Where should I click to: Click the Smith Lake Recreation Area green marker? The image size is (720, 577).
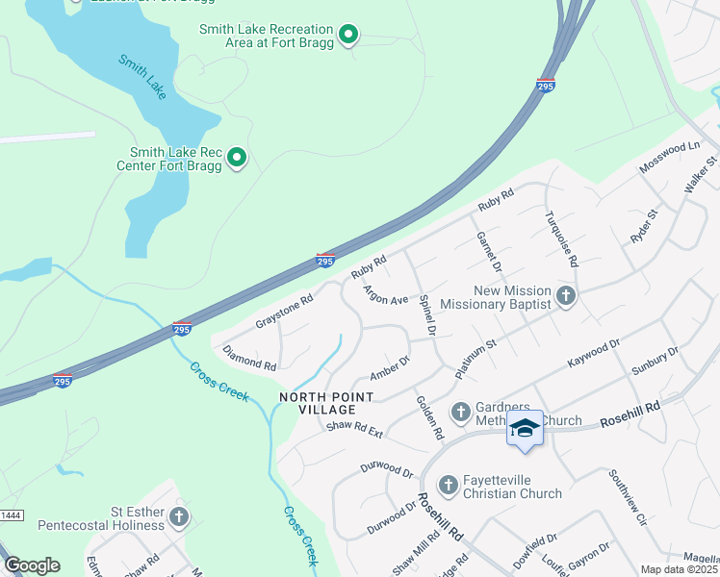click(x=350, y=37)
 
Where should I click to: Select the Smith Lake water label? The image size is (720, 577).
click(x=143, y=75)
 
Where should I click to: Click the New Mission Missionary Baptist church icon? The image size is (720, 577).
click(x=566, y=296)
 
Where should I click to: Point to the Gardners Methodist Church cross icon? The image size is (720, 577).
click(x=460, y=413)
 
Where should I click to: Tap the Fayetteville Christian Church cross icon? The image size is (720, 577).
click(x=448, y=486)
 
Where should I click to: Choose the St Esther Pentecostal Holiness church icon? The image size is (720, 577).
click(x=178, y=517)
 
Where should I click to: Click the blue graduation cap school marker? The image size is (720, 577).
click(x=525, y=429)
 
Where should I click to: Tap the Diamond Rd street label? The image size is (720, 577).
click(x=249, y=359)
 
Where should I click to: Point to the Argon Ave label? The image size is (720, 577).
click(x=385, y=294)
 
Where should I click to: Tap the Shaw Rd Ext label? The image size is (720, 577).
click(x=354, y=432)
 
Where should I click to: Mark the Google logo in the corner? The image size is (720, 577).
click(x=32, y=565)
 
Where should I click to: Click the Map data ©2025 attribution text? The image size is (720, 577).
click(x=680, y=569)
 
